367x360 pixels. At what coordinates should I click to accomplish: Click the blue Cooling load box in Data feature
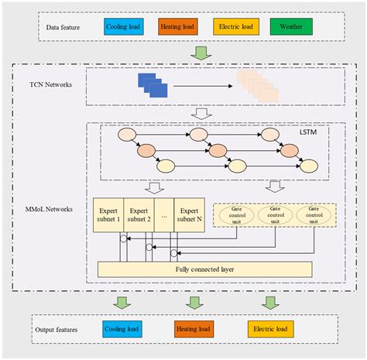[124, 28]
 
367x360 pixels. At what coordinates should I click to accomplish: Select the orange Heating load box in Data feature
[180, 28]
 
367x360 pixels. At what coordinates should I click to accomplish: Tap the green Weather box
[291, 28]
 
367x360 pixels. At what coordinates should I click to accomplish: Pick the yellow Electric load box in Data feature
[237, 28]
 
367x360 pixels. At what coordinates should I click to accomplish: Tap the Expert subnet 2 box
[140, 214]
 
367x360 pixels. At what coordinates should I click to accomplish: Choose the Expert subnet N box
[189, 214]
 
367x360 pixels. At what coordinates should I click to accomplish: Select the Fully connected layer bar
[204, 269]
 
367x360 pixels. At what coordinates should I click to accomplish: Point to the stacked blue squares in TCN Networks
[152, 84]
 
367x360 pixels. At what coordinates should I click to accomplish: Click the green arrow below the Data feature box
[201, 53]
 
